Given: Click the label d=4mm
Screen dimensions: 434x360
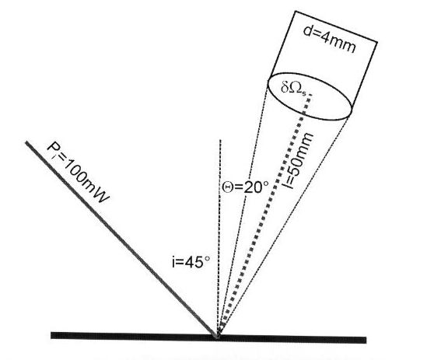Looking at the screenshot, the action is pyautogui.click(x=329, y=40).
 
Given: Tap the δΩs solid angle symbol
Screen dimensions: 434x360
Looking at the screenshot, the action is pyautogui.click(x=293, y=89).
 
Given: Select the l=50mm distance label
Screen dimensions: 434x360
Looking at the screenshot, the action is pyautogui.click(x=299, y=161).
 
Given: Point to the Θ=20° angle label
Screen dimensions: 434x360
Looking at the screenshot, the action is pyautogui.click(x=246, y=187).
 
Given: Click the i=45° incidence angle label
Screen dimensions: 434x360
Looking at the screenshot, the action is pyautogui.click(x=191, y=261).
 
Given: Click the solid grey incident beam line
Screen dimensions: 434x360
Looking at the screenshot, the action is pyautogui.click(x=121, y=239).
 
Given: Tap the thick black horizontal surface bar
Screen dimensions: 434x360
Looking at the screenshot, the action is pyautogui.click(x=208, y=337).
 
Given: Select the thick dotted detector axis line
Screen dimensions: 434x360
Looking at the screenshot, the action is pyautogui.click(x=265, y=212).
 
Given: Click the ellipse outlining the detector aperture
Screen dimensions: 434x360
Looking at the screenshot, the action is pyautogui.click(x=310, y=72).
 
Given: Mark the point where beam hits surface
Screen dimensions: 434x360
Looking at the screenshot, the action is pyautogui.click(x=218, y=336).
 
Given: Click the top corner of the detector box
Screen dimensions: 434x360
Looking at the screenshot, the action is pyautogui.click(x=296, y=12).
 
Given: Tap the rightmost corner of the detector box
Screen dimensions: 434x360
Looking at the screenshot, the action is pyautogui.click(x=377, y=42).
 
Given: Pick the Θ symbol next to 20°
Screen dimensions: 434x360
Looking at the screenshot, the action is pyautogui.click(x=227, y=187).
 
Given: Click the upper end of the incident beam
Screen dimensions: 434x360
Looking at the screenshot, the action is pyautogui.click(x=26, y=142).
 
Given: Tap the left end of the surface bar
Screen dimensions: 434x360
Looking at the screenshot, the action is pyautogui.click(x=51, y=335).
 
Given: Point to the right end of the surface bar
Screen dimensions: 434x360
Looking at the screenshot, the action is pyautogui.click(x=366, y=340).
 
